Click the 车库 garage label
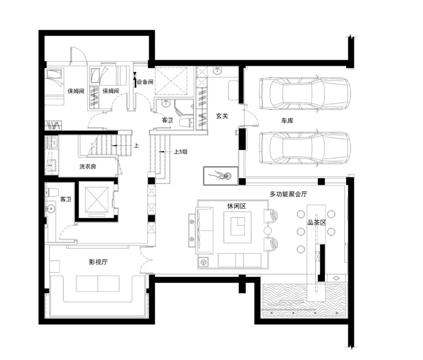pyautogui.click(x=287, y=121)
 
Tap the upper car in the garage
pyautogui.click(x=305, y=94)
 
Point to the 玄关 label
pyautogui.click(x=222, y=116)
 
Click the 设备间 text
pyautogui.click(x=145, y=82)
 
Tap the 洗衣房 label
pyautogui.click(x=88, y=166)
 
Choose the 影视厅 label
pyautogui.click(x=98, y=262)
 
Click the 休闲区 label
pyautogui.click(x=236, y=206)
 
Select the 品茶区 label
pyautogui.click(x=317, y=223)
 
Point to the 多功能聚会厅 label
pyautogui.click(x=288, y=194)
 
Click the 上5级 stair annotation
pyautogui.click(x=181, y=152)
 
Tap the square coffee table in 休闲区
pyautogui.click(x=237, y=227)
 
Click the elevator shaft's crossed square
pyautogui.click(x=96, y=199)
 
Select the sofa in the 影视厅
pyautogui.click(x=98, y=284)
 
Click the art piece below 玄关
pyautogui.click(x=221, y=176)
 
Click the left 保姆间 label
pyautogui.click(x=76, y=91)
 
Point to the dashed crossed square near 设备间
pyautogui.click(x=171, y=81)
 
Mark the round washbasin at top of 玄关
pyautogui.click(x=217, y=71)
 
